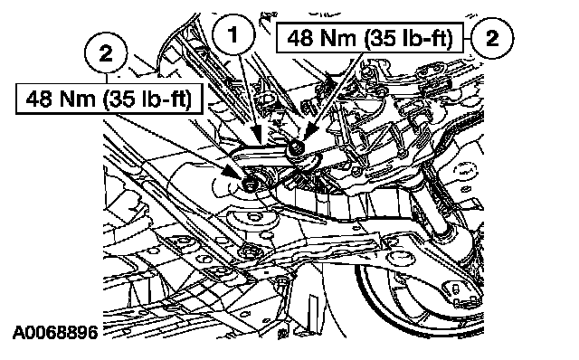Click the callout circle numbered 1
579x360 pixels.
pos(233,35)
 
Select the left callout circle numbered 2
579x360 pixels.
pos(107,52)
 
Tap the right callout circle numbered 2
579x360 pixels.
pos(492,38)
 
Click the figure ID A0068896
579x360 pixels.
pos(55,332)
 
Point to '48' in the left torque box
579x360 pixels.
pos(38,99)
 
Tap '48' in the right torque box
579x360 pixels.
pos(299,38)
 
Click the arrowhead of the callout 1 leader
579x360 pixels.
pos(256,135)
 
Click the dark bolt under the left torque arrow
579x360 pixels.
pos(251,184)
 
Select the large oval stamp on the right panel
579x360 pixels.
pos(465,171)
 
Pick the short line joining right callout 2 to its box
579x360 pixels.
pos(467,38)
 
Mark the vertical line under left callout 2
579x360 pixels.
pos(107,79)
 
